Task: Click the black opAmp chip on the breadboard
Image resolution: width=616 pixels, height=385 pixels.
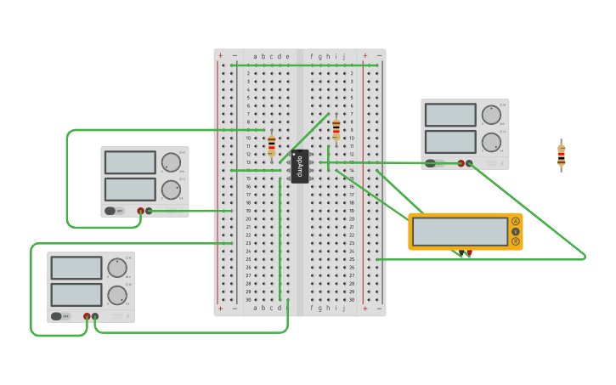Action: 299,166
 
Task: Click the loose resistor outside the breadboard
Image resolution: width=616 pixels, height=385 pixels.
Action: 561,156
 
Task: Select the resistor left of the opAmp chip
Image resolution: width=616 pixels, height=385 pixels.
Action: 271,145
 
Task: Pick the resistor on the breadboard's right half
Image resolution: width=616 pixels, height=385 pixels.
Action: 336,129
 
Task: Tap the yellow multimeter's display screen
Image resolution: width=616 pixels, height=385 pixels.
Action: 460,231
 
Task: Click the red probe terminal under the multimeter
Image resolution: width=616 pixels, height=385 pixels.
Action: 468,252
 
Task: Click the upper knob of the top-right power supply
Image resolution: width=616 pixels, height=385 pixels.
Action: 491,115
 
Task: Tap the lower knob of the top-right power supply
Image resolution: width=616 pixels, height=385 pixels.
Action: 491,143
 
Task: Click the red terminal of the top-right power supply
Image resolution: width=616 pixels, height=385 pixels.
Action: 461,163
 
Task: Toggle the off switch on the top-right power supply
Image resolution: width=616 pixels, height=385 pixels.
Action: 431,163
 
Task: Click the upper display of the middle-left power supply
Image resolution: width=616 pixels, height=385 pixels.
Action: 130,162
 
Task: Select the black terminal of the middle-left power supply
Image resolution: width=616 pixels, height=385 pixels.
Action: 149,211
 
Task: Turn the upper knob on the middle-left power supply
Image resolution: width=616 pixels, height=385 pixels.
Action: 171,162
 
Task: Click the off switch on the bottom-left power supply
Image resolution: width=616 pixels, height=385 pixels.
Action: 56,316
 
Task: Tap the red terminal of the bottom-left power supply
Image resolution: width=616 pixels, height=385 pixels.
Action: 87,316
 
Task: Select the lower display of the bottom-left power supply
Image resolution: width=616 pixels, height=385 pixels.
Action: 76,295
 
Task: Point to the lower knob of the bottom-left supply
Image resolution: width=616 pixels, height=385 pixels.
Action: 117,295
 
